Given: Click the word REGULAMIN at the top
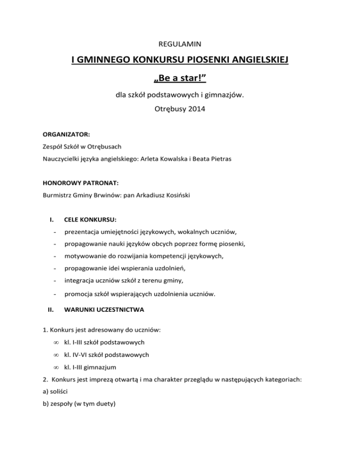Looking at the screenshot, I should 180,45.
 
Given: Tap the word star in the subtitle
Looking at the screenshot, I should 189,76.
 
